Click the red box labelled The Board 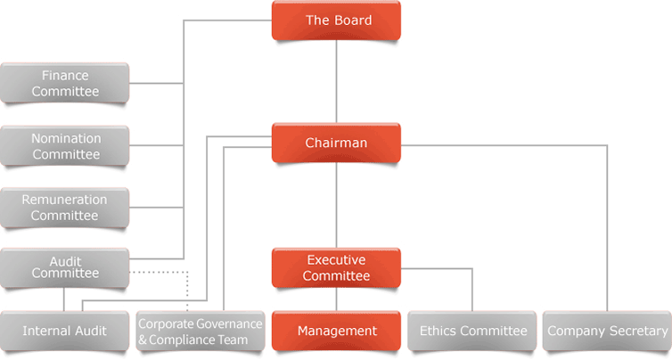coord(336,20)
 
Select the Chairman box coord(336,143)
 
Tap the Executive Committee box coord(336,268)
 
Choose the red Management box coord(336,331)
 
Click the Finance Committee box coord(65,83)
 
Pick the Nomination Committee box coord(65,146)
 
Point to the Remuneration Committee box coord(65,208)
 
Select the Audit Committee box coord(65,268)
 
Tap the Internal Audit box coord(65,331)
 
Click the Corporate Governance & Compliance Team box coord(201,331)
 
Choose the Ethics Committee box coord(472,331)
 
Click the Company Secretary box coord(607,331)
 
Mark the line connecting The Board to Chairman coord(336,82)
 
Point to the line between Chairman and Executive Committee coord(336,205)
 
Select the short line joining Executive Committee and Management coord(336,299)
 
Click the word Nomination coord(66,138)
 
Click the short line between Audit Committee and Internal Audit coord(64,299)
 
